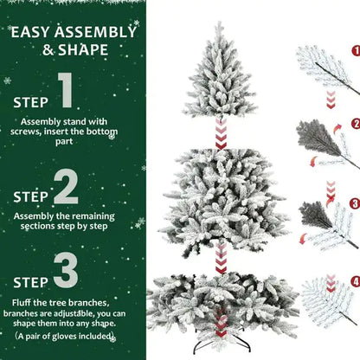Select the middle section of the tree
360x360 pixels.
tap(220, 199)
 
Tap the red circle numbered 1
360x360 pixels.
tap(356, 51)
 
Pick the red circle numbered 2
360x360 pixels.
tap(356, 124)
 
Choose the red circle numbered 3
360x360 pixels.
tap(356, 204)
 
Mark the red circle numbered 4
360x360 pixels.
tap(356, 281)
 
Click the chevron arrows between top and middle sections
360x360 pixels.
tap(221, 134)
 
